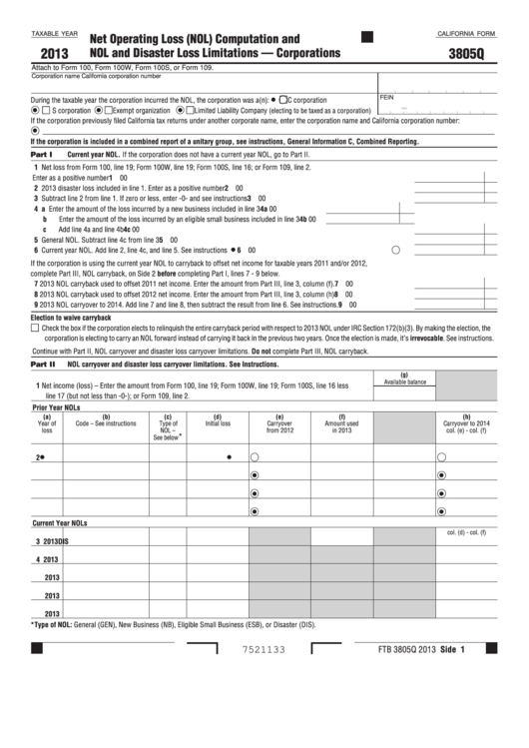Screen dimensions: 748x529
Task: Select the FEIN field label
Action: (387, 97)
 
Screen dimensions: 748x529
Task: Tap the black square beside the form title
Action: (366, 37)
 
